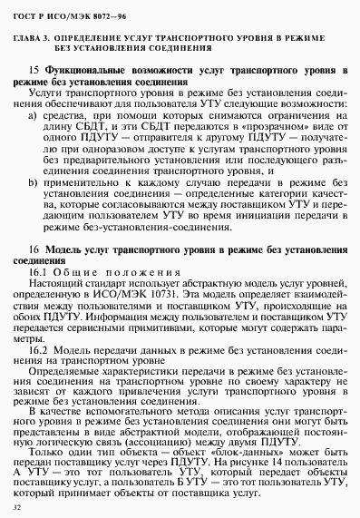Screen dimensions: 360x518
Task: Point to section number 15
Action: (34, 70)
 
